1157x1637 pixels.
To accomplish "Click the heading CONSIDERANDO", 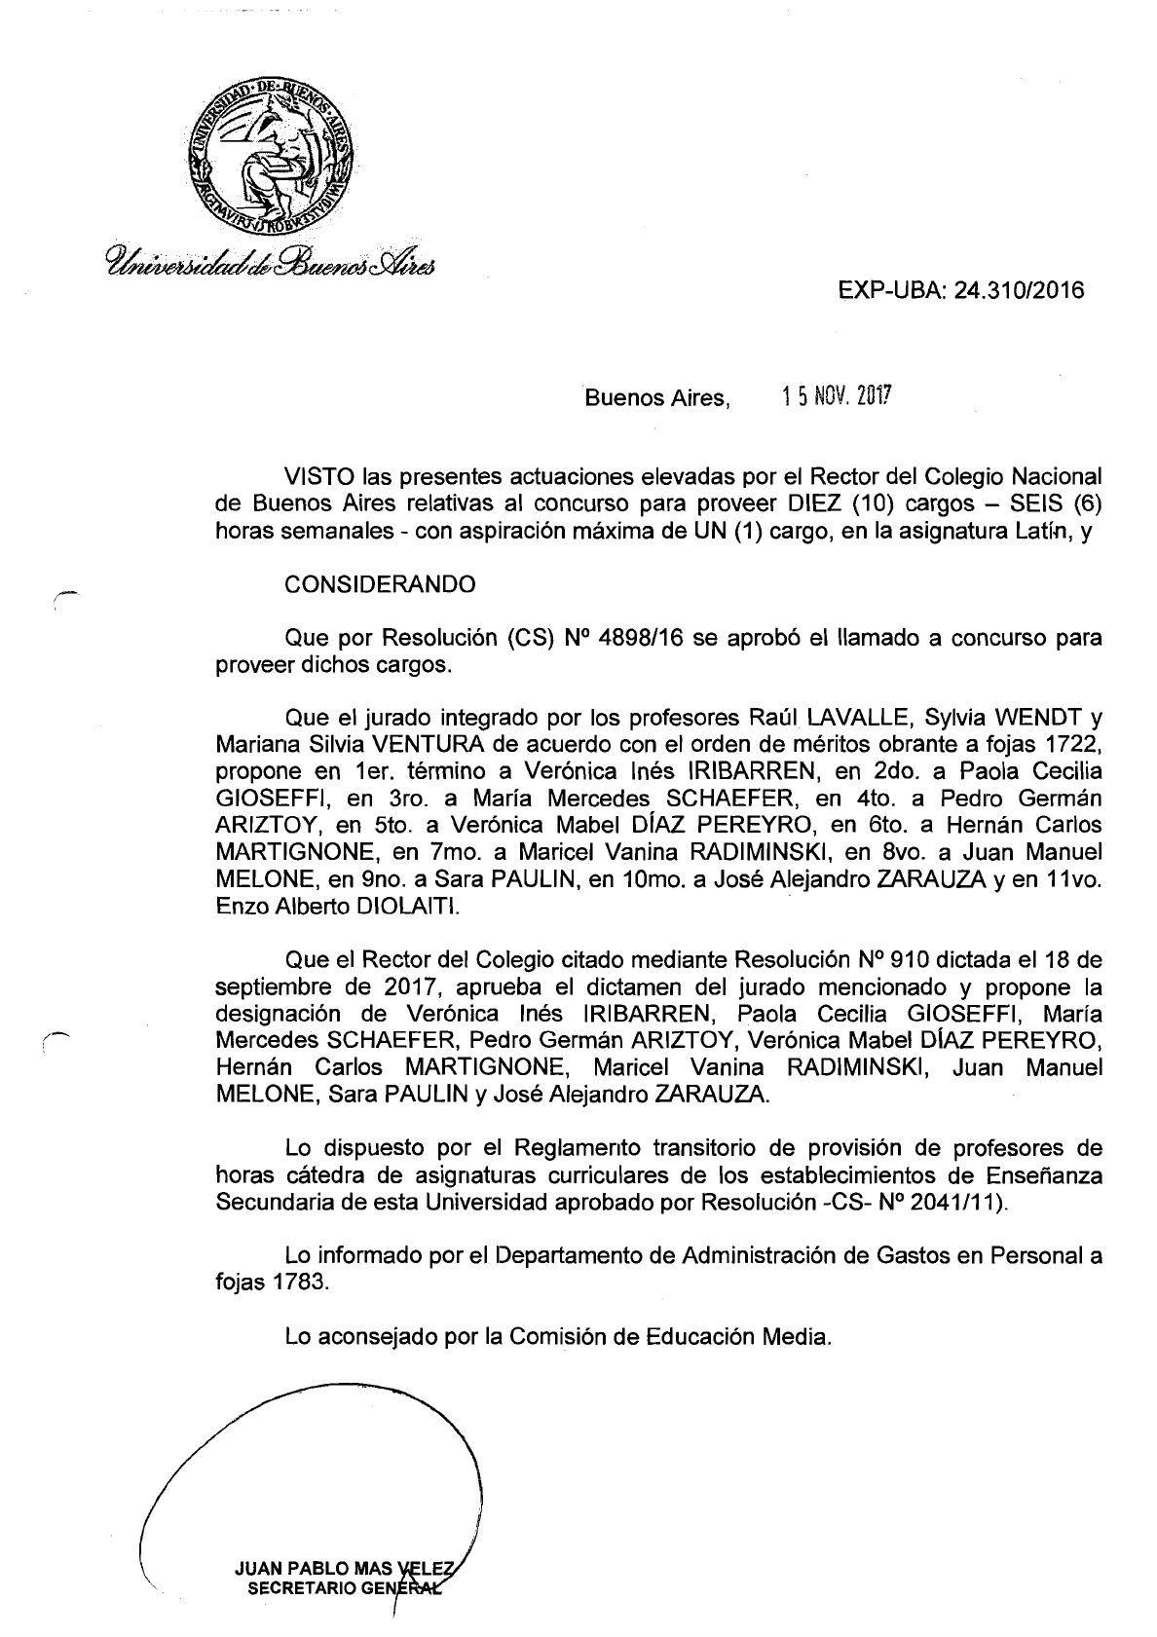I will [x=380, y=584].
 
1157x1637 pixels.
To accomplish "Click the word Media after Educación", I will [x=801, y=1336].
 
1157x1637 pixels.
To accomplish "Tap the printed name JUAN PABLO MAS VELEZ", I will [x=343, y=1568].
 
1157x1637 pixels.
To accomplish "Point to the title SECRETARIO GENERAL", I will [x=343, y=1587].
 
